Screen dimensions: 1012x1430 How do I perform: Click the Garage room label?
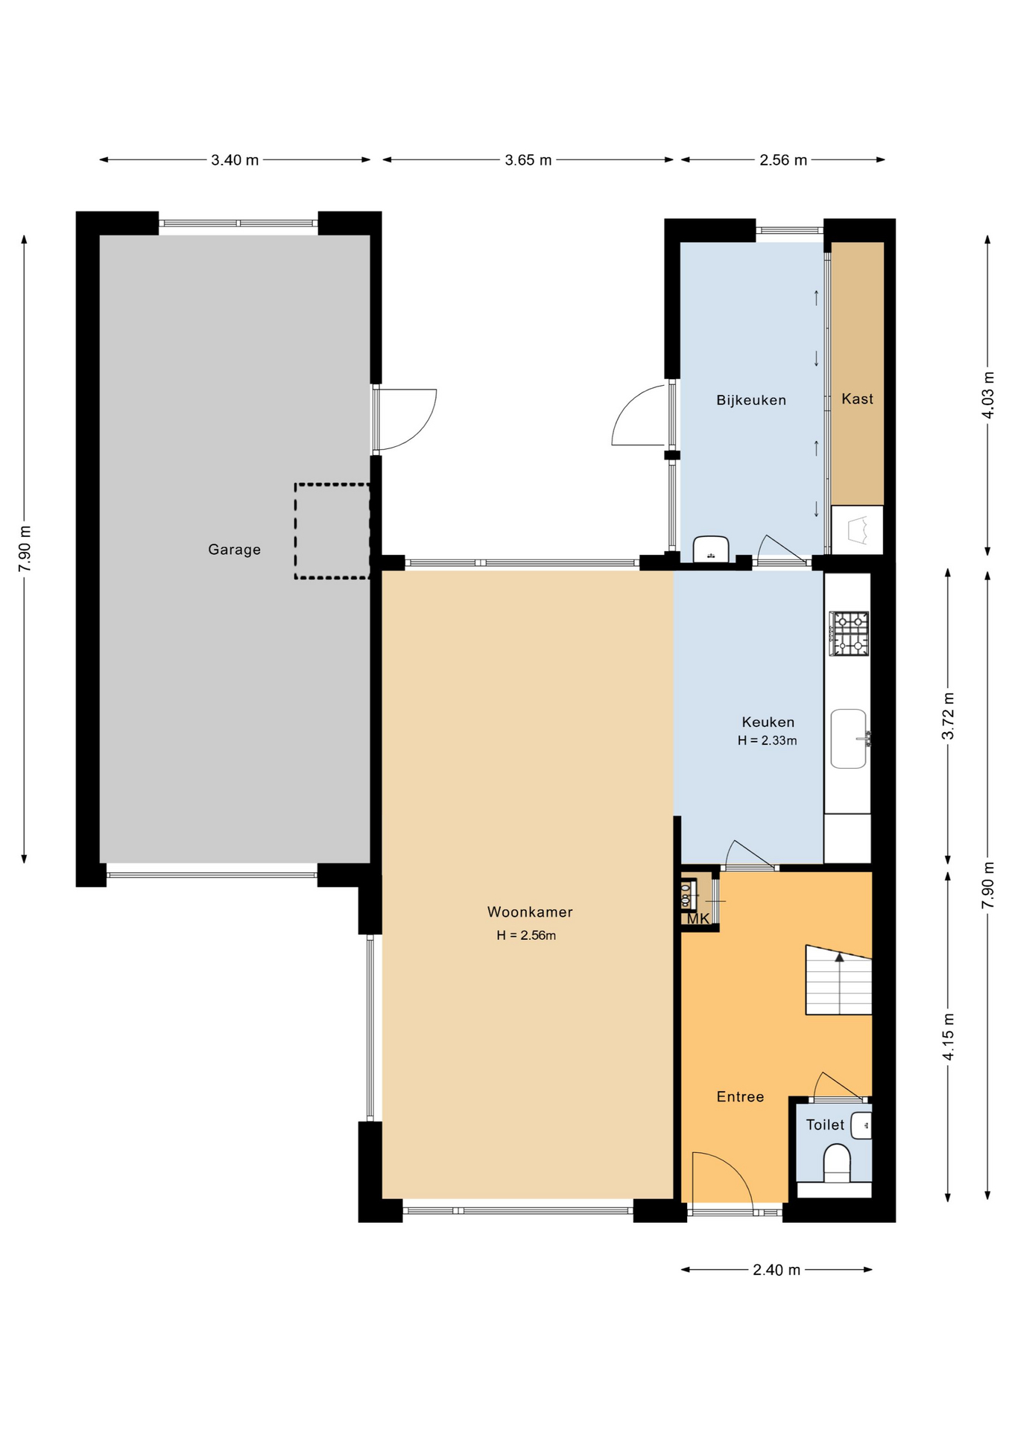[x=234, y=550]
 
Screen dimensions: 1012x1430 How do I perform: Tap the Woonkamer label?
[x=530, y=912]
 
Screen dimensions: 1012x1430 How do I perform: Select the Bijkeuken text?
[x=751, y=400]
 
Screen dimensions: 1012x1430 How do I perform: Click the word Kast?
[x=857, y=398]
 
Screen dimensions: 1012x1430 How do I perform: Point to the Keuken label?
[x=768, y=722]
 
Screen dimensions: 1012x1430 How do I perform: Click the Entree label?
[x=740, y=1096]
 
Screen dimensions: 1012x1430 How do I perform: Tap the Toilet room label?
[x=825, y=1125]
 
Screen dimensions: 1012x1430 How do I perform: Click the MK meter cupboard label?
[x=698, y=919]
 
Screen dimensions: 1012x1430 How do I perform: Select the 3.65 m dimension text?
[x=528, y=160]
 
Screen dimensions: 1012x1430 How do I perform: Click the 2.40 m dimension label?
[x=777, y=1270]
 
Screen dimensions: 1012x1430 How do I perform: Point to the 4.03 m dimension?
[x=988, y=394]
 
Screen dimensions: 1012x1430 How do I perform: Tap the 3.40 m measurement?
[x=235, y=160]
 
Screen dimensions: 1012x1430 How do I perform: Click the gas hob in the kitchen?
[x=850, y=633]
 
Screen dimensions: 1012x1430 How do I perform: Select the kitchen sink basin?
[x=849, y=738]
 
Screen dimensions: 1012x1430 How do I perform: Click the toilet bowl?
[x=837, y=1164]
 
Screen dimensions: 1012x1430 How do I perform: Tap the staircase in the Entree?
[x=838, y=980]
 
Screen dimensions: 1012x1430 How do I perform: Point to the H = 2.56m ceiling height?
[x=526, y=935]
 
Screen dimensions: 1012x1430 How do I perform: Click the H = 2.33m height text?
[x=767, y=740]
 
